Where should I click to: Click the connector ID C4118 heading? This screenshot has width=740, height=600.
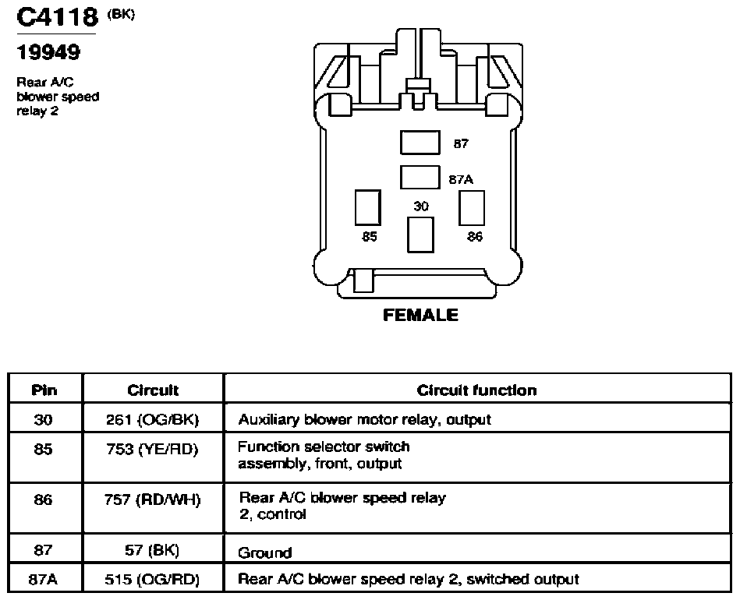(x=57, y=17)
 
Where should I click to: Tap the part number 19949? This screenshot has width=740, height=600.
(x=48, y=52)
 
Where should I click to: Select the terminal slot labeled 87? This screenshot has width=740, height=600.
(x=420, y=143)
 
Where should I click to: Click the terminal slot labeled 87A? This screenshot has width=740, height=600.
(x=420, y=177)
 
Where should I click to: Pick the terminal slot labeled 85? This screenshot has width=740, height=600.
(x=367, y=207)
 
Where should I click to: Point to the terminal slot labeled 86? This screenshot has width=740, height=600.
(x=472, y=207)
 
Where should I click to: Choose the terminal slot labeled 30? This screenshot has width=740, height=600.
(x=420, y=235)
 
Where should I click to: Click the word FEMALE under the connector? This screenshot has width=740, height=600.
(x=420, y=315)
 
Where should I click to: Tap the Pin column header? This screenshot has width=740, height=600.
(x=44, y=390)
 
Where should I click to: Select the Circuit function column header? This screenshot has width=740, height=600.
(x=476, y=390)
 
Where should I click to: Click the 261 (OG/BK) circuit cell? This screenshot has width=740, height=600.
(x=152, y=419)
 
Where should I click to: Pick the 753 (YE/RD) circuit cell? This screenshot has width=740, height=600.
(x=152, y=449)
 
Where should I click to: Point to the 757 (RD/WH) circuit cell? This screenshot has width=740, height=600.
(x=152, y=499)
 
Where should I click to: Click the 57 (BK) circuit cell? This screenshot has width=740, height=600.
(x=152, y=549)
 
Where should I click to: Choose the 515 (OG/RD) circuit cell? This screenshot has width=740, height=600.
(x=152, y=579)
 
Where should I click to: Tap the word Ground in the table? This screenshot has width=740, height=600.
(x=265, y=552)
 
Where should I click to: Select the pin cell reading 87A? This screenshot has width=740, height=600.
(x=44, y=579)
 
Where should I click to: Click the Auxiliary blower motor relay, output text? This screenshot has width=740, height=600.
(x=364, y=419)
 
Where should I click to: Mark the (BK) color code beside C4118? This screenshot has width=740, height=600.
(x=121, y=15)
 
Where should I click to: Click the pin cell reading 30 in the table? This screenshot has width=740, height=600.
(x=44, y=419)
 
